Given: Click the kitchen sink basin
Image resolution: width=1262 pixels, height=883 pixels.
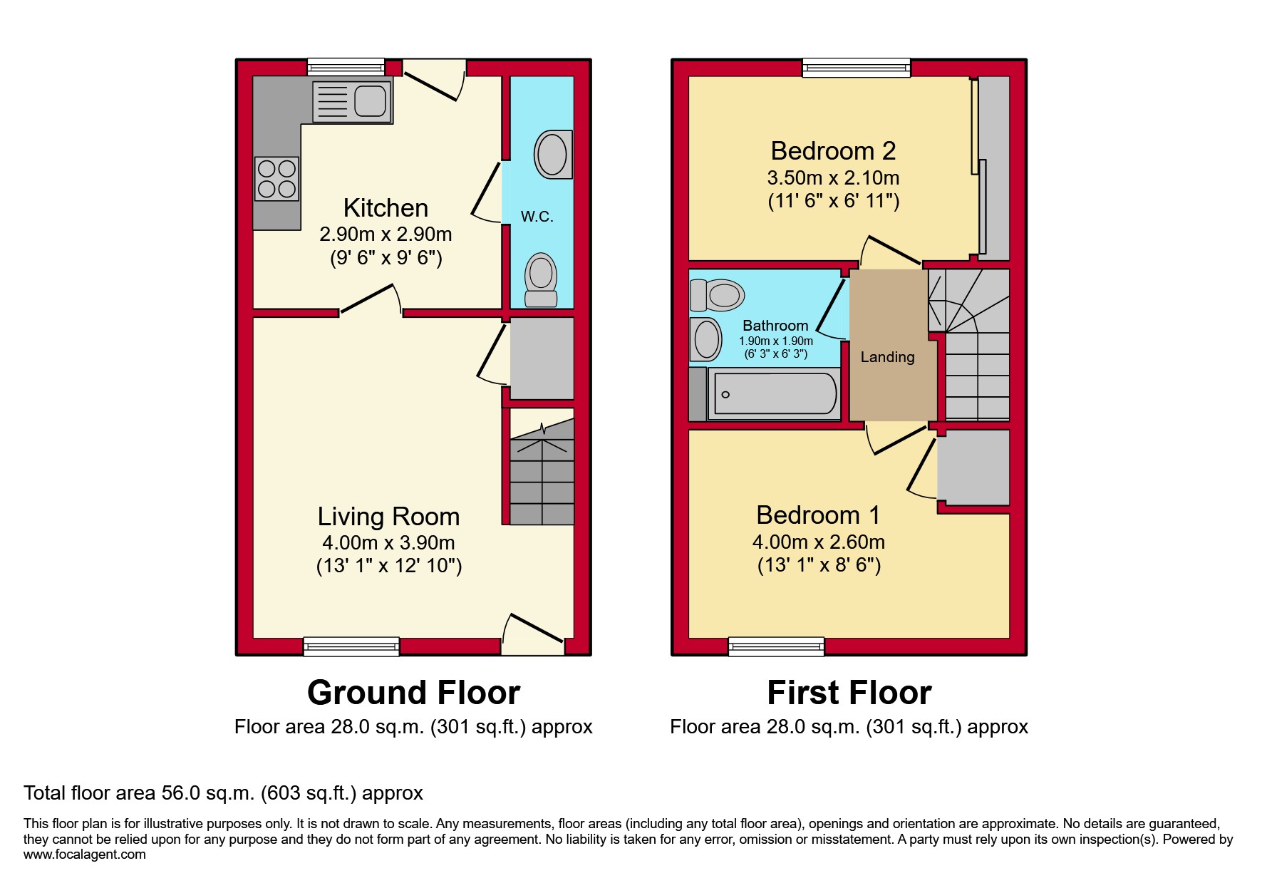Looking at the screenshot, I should click(x=370, y=100).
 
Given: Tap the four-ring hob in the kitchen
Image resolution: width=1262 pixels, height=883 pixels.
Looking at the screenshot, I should click(x=277, y=178).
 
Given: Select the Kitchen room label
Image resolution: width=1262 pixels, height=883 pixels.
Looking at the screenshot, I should click(x=386, y=208).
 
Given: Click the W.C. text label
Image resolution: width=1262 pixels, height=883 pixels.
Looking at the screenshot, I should click(x=537, y=217).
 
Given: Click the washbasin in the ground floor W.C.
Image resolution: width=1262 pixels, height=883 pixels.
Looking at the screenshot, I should click(x=552, y=154).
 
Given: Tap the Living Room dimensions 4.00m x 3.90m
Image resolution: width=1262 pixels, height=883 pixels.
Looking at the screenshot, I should click(x=388, y=542).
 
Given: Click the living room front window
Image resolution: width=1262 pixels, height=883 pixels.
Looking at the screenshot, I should click(x=351, y=646).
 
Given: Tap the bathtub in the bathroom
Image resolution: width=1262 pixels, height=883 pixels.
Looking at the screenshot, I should click(x=774, y=394).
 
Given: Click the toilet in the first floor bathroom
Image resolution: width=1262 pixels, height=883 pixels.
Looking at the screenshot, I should click(x=718, y=294).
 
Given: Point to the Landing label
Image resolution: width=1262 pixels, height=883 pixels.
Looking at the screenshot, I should click(x=887, y=357).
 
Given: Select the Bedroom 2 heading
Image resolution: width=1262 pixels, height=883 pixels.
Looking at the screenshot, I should click(x=833, y=151).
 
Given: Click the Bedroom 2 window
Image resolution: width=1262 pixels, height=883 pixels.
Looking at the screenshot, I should click(x=856, y=68).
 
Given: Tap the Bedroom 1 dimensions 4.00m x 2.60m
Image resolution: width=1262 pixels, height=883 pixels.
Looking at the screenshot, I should click(x=819, y=542).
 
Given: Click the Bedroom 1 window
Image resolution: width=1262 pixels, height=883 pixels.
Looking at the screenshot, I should click(x=776, y=646).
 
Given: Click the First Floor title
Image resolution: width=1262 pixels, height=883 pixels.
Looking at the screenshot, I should click(x=849, y=693).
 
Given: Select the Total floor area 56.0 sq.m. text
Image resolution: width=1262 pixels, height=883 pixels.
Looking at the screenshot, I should click(x=223, y=792).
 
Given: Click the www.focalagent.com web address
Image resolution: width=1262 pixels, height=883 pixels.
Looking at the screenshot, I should click(x=84, y=854).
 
